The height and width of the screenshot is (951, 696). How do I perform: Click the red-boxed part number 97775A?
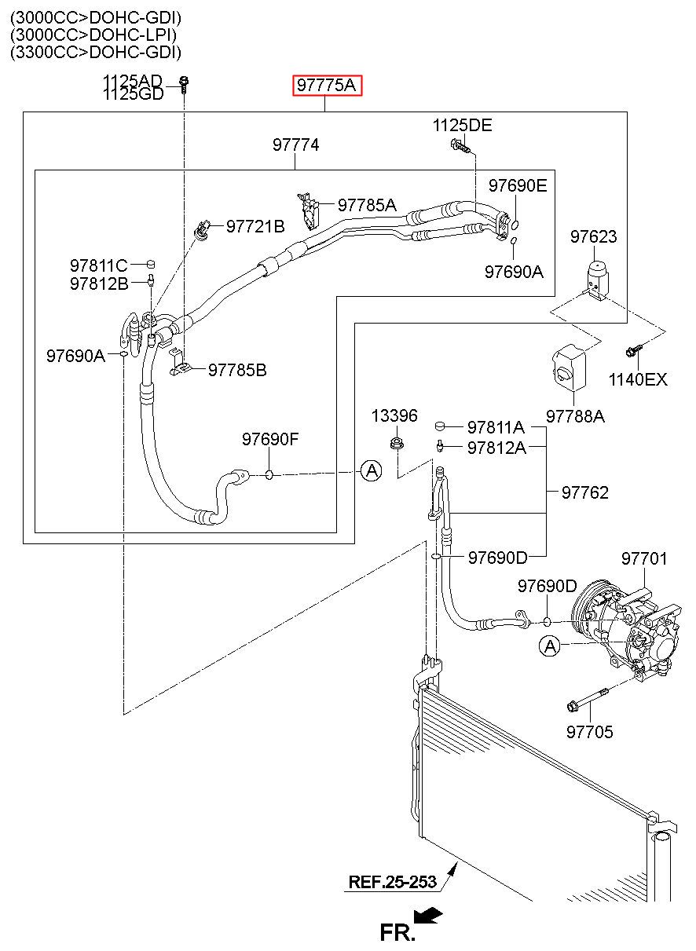point(326,86)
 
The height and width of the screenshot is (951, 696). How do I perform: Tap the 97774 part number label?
point(295,144)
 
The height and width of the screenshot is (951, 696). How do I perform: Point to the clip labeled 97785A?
point(309,211)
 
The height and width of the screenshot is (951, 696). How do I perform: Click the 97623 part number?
point(593,236)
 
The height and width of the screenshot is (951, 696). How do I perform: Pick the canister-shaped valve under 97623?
point(598,280)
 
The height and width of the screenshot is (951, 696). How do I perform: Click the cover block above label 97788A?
point(569,367)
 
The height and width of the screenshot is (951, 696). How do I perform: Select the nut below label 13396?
point(397,443)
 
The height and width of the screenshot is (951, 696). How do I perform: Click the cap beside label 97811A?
point(440,426)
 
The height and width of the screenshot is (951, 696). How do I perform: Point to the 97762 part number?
point(584,492)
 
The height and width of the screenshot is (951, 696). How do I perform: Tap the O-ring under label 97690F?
point(269,474)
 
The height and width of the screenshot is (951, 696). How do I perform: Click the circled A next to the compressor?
point(550,646)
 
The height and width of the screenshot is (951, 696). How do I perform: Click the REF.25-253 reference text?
point(392,882)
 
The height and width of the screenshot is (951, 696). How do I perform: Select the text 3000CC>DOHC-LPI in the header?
point(93,35)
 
